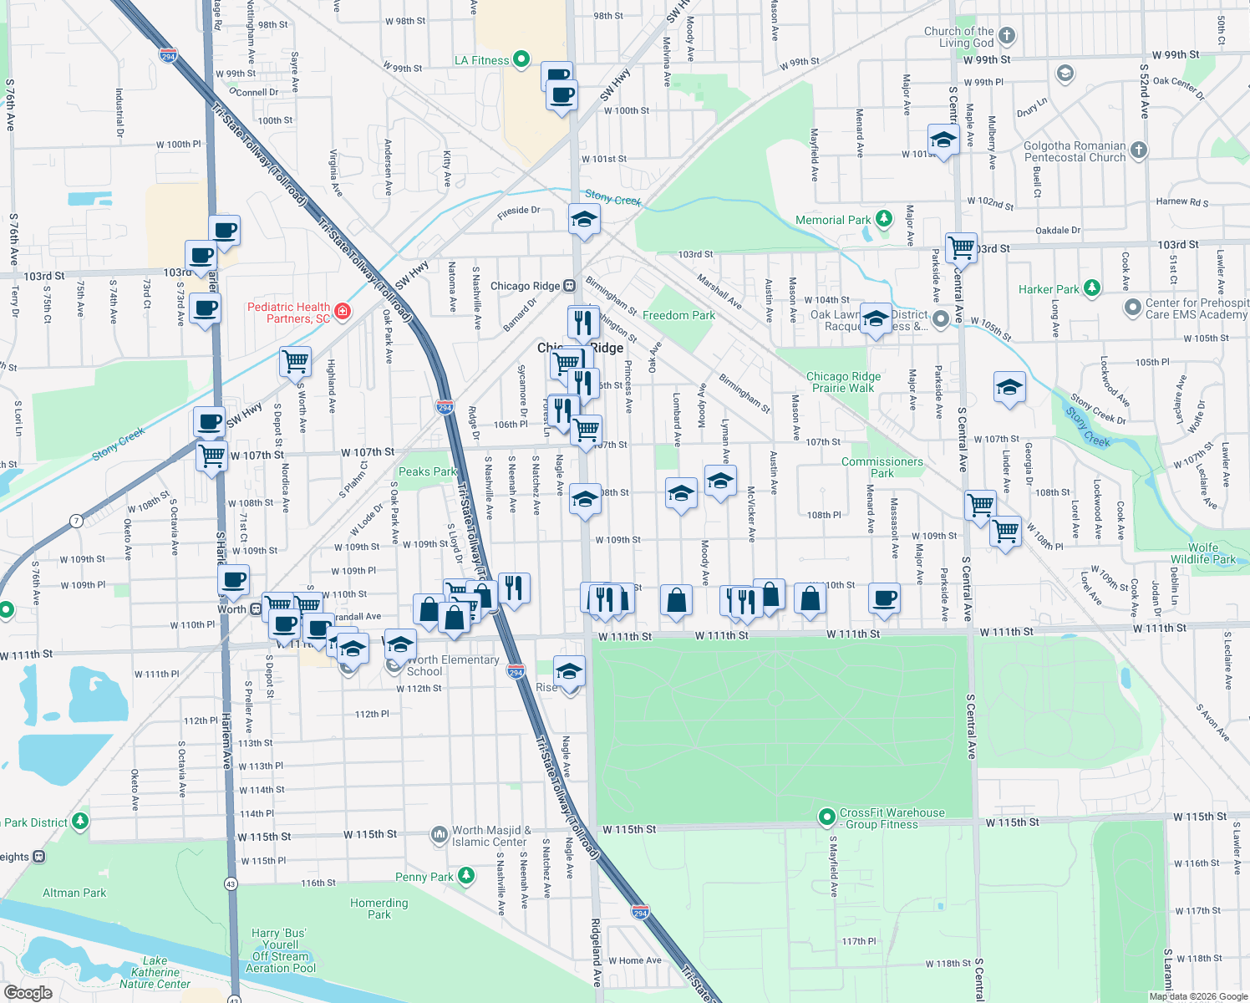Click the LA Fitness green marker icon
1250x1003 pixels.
coord(521,59)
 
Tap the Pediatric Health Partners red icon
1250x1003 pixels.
coord(342,312)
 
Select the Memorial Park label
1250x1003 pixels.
coord(833,220)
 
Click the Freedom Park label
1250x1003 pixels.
coord(678,315)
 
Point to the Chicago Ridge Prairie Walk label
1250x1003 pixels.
coord(843,382)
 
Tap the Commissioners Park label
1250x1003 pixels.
coord(882,467)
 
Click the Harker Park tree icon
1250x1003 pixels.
coord(1091,288)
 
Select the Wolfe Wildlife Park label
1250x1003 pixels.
coord(1202,553)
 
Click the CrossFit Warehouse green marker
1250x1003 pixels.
coord(826,817)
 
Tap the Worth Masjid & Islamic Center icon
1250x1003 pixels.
coord(439,835)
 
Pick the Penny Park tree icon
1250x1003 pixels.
coord(466,876)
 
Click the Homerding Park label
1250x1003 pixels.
coord(379,909)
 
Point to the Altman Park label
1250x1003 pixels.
coord(74,893)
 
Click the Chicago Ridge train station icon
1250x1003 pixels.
coord(569,286)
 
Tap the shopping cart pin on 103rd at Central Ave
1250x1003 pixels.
coord(962,247)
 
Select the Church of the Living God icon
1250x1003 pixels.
coord(1007,36)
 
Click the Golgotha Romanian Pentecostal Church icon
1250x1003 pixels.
coord(1138,150)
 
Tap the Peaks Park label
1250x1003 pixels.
coord(427,471)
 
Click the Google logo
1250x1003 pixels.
coord(28,992)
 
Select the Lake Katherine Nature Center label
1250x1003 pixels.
coord(155,972)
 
